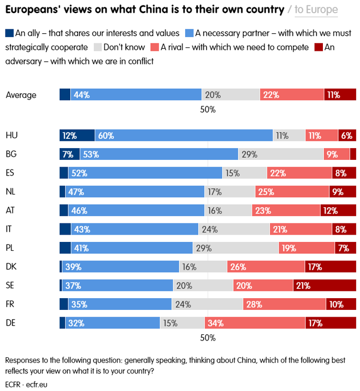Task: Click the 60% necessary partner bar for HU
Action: (184, 136)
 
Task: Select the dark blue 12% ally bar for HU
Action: (77, 136)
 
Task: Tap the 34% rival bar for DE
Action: (254, 323)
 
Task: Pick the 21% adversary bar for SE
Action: (324, 285)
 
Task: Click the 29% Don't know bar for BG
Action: (280, 154)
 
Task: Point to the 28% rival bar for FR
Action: (284, 304)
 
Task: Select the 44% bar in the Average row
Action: (136, 95)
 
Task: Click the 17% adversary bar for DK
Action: (330, 267)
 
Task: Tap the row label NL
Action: (11, 192)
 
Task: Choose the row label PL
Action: (11, 248)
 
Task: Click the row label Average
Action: (21, 95)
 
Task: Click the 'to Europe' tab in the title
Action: (316, 9)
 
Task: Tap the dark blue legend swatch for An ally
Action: (10, 34)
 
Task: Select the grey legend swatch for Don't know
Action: (97, 48)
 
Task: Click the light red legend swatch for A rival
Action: (154, 48)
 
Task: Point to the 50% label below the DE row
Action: (208, 338)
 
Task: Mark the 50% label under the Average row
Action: (208, 109)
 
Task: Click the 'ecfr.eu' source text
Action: (34, 384)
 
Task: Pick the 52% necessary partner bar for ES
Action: (145, 173)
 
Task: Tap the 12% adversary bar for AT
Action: (338, 211)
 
